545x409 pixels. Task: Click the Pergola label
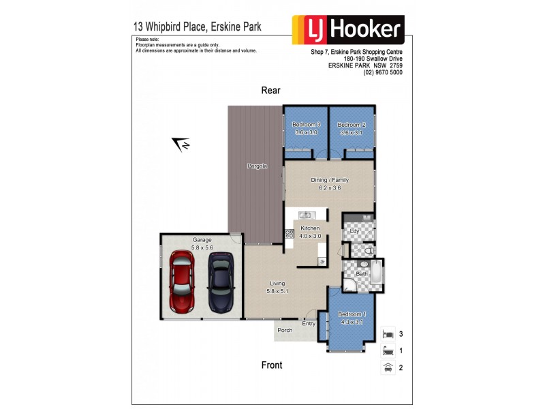click(x=256, y=166)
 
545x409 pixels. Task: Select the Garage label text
click(x=202, y=239)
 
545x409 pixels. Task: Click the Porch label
click(x=285, y=330)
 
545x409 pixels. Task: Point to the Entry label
click(x=309, y=323)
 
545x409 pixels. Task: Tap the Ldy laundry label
click(x=354, y=231)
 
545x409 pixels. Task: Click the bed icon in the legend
click(x=388, y=334)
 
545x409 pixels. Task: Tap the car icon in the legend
click(x=388, y=367)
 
